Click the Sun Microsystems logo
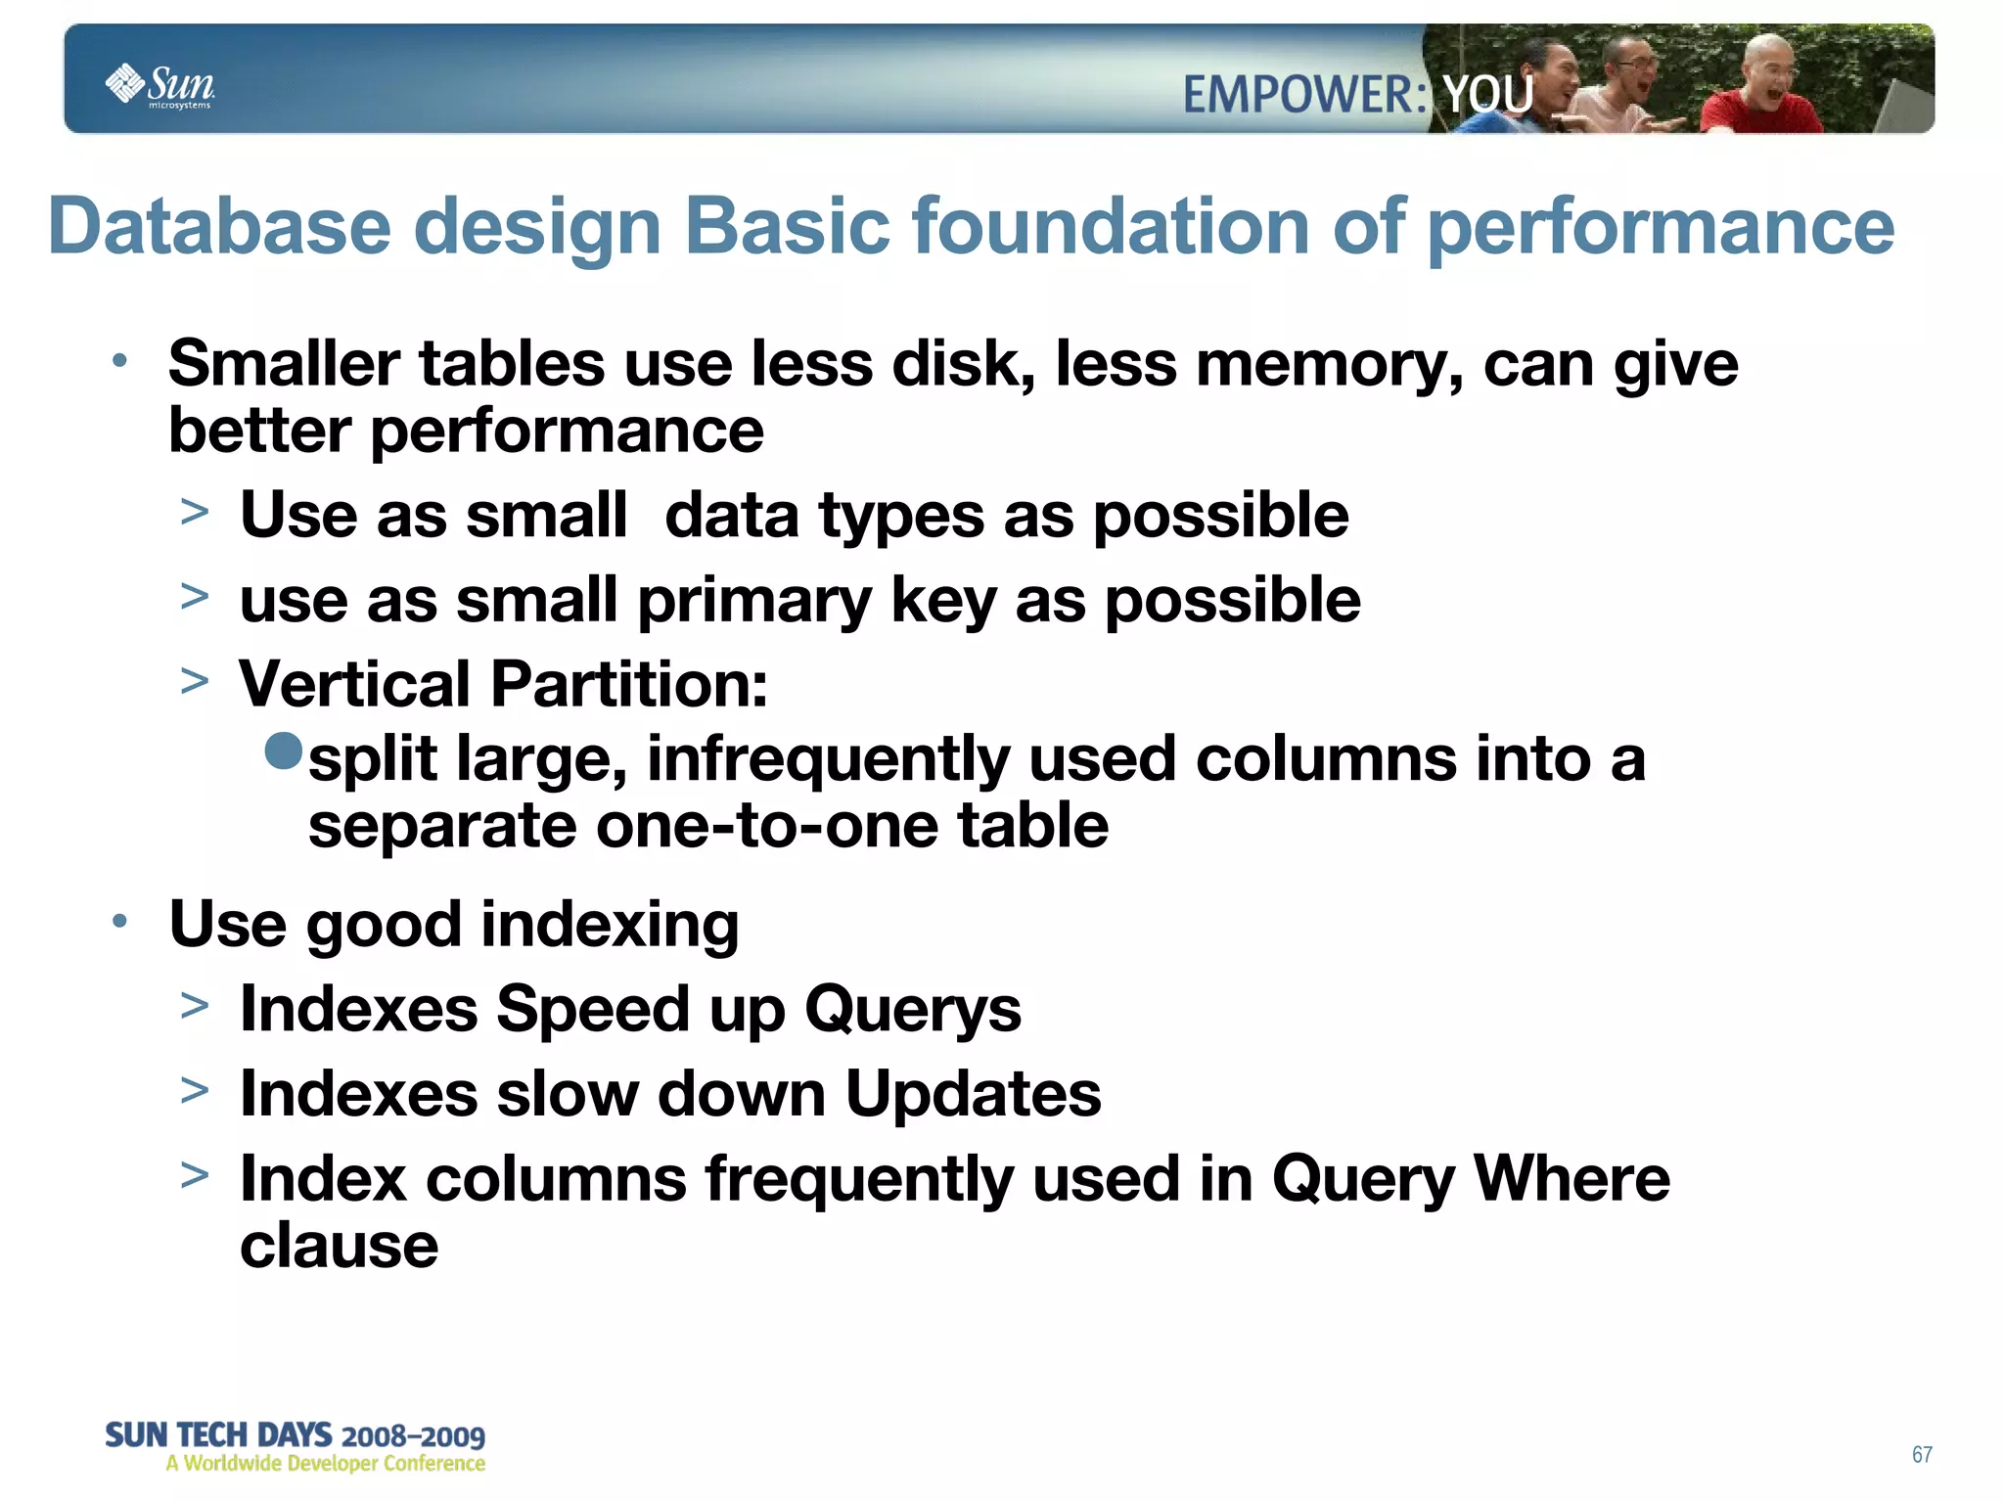click(159, 85)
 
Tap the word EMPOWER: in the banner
click(1304, 96)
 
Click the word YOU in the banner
click(1488, 95)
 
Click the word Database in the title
click(220, 227)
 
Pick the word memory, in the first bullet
click(1330, 365)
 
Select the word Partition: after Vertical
click(629, 684)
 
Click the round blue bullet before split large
click(284, 751)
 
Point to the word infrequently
click(828, 760)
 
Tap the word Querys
click(912, 1010)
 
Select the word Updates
click(973, 1094)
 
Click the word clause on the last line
click(339, 1246)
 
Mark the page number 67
click(1922, 1454)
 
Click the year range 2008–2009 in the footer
click(413, 1436)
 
